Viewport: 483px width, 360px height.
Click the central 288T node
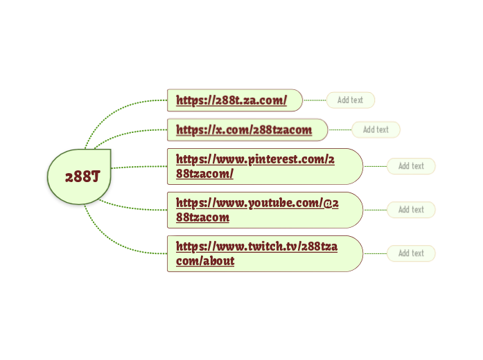[79, 177]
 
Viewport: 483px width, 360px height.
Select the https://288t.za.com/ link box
[234, 100]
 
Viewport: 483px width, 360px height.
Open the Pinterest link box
[264, 166]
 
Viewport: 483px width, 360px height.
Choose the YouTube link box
[264, 210]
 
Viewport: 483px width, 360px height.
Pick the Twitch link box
[264, 253]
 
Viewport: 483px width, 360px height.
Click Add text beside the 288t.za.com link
[350, 100]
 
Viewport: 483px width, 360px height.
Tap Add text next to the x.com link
[376, 129]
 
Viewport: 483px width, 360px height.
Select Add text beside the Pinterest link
[411, 166]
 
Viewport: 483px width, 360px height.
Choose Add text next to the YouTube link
[411, 210]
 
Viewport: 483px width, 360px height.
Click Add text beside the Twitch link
[411, 253]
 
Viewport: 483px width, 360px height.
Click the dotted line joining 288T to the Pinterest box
[139, 166]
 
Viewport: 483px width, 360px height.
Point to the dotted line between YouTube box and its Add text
[375, 210]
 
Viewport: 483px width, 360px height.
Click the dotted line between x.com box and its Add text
[340, 129]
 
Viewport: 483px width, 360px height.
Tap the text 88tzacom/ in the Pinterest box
[204, 174]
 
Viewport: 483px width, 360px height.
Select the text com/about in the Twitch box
[205, 261]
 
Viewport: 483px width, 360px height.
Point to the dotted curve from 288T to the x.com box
[132, 132]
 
